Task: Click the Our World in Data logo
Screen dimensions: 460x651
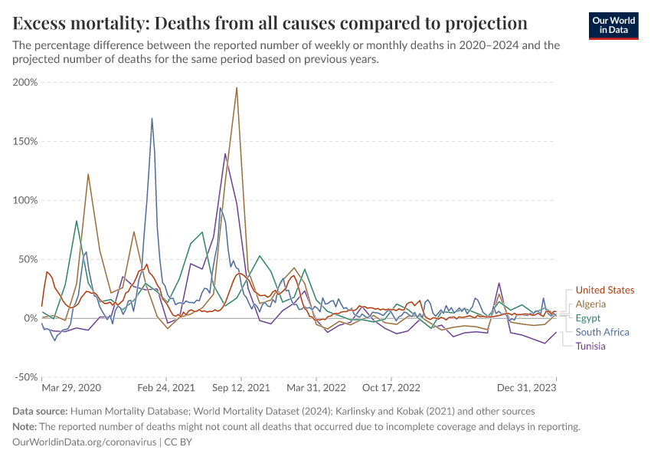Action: [613, 25]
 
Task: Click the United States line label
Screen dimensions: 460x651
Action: [604, 290]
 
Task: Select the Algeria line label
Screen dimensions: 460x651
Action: [590, 304]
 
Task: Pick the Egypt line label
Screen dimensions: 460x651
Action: [588, 318]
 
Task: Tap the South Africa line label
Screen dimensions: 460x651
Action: [602, 332]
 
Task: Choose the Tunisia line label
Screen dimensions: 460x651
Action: [590, 346]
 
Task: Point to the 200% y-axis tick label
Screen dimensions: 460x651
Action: [25, 83]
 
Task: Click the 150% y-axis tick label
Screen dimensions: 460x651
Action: [25, 142]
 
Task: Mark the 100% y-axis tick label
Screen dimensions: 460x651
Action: [25, 200]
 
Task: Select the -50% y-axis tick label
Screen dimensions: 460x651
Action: [25, 377]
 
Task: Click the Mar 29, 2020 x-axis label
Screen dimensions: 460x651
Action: [71, 389]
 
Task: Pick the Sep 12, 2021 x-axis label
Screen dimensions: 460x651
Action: [242, 389]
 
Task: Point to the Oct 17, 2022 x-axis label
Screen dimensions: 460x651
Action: [391, 389]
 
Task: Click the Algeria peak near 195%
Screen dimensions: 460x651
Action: [237, 87]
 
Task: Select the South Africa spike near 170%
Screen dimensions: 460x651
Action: [152, 119]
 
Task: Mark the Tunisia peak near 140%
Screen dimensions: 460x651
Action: [225, 154]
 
